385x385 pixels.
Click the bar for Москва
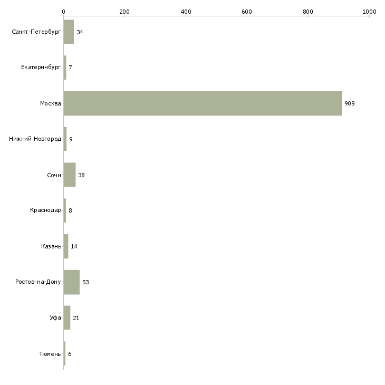click(203, 103)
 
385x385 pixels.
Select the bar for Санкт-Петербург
click(69, 32)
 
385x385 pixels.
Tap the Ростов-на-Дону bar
click(71, 282)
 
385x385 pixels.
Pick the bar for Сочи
click(70, 175)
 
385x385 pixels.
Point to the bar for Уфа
click(67, 317)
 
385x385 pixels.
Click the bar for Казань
click(66, 246)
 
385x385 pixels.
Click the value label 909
click(349, 103)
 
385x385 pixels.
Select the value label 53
click(85, 282)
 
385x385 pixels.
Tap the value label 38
click(81, 175)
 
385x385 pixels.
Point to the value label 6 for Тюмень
click(70, 354)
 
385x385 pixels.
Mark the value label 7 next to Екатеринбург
click(70, 68)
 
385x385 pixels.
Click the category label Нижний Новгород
click(35, 139)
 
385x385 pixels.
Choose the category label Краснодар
click(45, 210)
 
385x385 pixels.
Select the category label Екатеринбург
click(41, 68)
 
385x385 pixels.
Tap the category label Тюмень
click(50, 354)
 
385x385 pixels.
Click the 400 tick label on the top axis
click(186, 12)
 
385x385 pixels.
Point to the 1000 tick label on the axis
click(369, 12)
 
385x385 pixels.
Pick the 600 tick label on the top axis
click(247, 12)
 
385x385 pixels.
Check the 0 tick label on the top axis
click(64, 12)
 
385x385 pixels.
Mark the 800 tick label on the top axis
click(308, 12)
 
